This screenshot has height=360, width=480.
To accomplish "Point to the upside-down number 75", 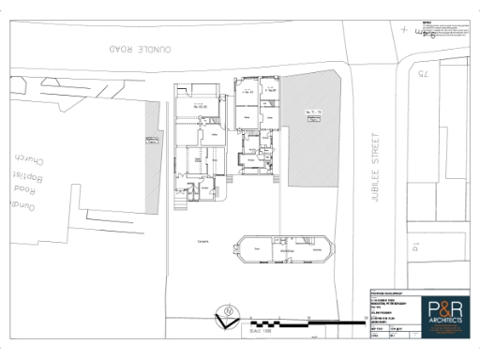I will tap(423, 73).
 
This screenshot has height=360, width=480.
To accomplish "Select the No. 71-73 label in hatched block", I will tap(313, 112).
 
